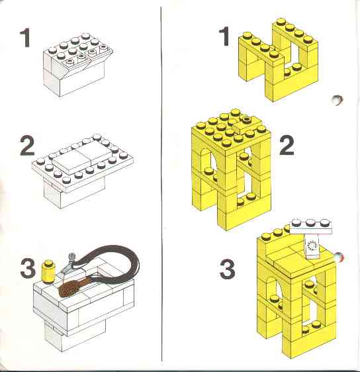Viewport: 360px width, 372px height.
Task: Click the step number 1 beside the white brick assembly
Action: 25,38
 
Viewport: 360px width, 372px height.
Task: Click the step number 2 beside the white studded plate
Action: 27,146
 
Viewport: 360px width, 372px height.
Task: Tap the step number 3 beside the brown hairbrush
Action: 28,268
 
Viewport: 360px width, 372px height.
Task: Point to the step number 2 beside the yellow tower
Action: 287,145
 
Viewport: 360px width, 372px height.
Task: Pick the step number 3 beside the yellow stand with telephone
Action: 228,269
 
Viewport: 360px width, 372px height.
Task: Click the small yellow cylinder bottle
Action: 48,271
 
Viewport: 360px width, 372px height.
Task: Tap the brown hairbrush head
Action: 69,288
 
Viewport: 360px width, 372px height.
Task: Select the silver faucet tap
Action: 69,263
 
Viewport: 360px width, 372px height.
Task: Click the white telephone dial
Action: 312,246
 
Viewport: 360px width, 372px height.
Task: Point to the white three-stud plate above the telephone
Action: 311,226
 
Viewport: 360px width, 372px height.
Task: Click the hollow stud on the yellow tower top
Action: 247,118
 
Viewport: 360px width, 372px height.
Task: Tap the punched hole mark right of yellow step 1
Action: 337,100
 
